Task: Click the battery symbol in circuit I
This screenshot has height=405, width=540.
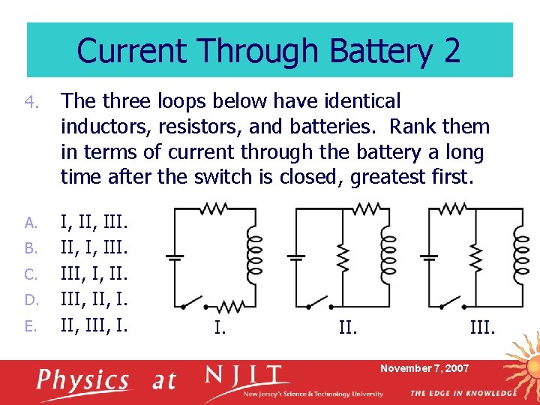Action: pyautogui.click(x=174, y=257)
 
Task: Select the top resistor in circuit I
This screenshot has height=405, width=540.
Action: pyautogui.click(x=214, y=208)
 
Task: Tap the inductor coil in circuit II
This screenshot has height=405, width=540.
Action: pyautogui.click(x=387, y=255)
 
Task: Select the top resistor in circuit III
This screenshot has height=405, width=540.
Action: pyautogui.click(x=453, y=208)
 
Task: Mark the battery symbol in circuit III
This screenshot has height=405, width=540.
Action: pyautogui.click(x=428, y=257)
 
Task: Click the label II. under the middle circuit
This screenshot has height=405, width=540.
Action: pyautogui.click(x=346, y=328)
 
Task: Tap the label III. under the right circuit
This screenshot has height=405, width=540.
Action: pyautogui.click(x=483, y=328)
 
